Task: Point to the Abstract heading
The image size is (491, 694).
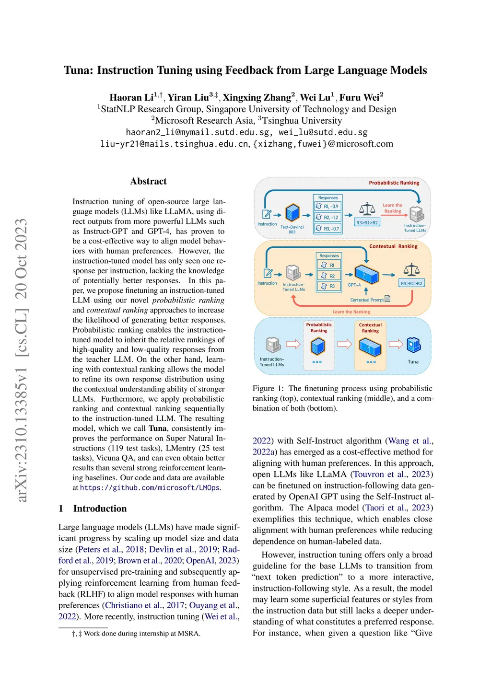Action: tap(148, 181)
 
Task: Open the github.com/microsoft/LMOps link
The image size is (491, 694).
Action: tap(150, 488)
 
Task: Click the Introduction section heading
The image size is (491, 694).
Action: tap(100, 509)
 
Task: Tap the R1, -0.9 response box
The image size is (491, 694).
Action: tap(328, 207)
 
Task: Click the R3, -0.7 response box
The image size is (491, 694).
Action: tap(328, 229)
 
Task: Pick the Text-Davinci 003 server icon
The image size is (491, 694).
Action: tap(292, 213)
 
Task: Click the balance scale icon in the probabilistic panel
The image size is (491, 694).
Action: tap(367, 209)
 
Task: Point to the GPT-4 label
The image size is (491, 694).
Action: tap(354, 285)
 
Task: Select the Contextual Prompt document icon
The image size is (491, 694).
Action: tap(387, 299)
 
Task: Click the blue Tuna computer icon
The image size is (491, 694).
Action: tap(413, 345)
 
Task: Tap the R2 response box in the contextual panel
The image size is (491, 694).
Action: tap(329, 276)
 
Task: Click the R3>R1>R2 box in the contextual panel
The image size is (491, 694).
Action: tap(411, 283)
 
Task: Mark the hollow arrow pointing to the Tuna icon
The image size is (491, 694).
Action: tap(396, 344)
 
